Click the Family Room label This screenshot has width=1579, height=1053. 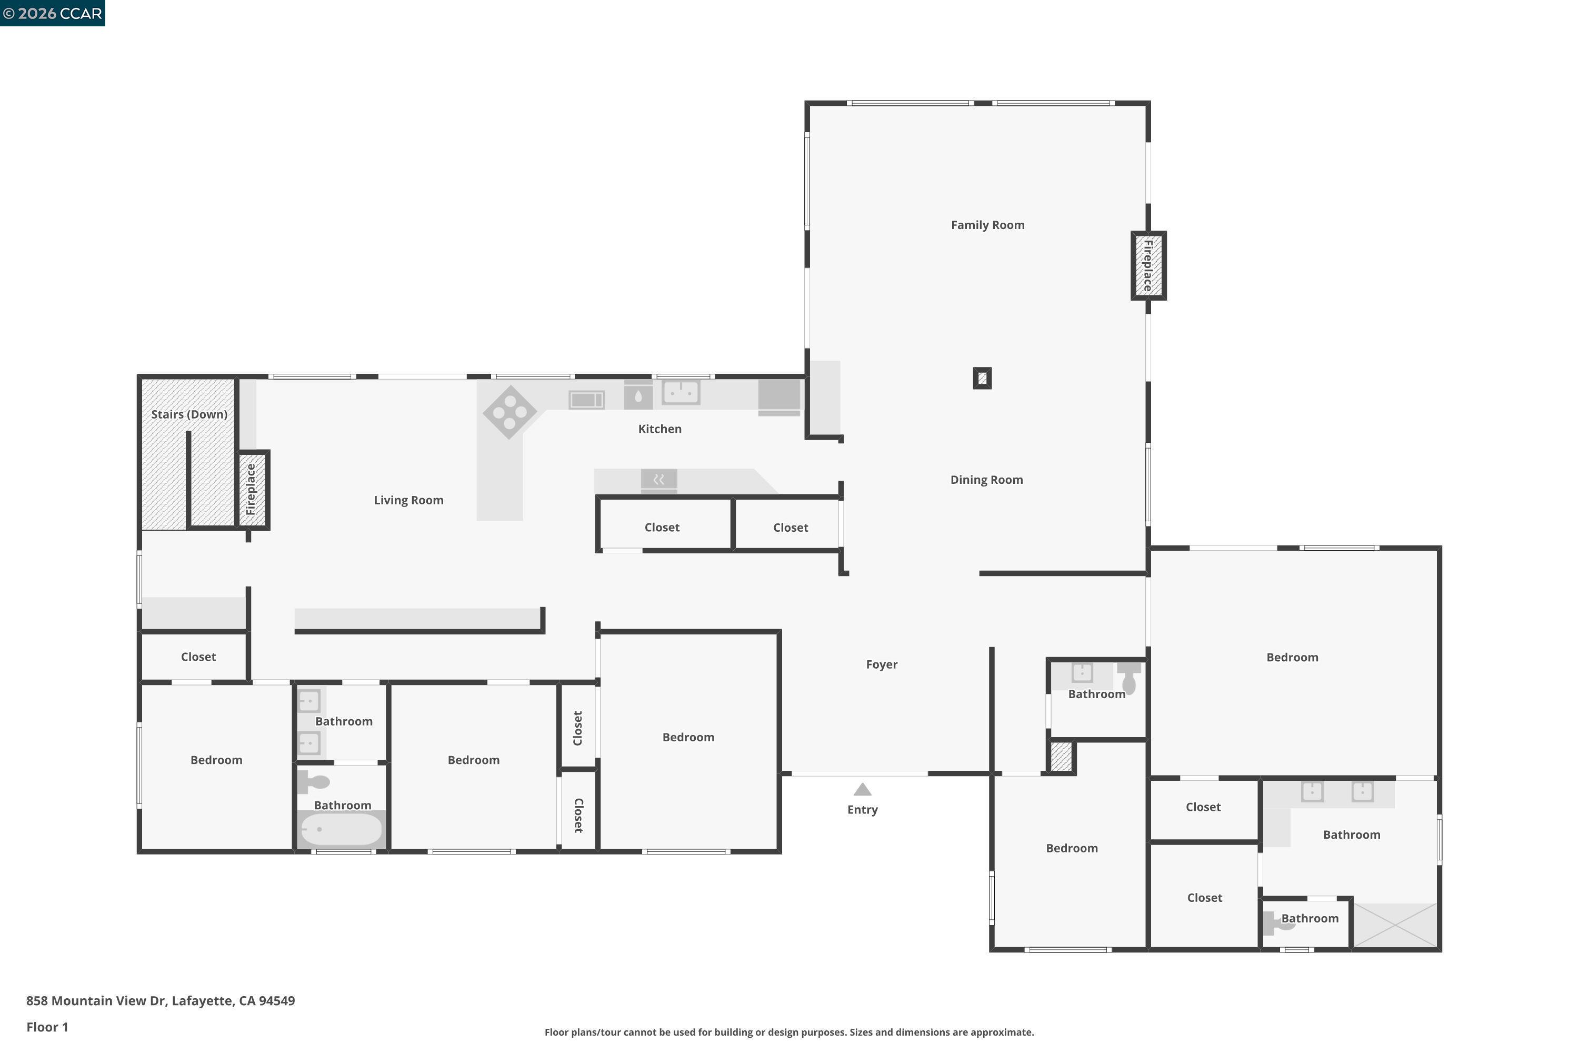click(x=987, y=225)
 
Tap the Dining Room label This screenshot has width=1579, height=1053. click(x=986, y=480)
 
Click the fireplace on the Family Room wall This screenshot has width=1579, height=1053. click(x=1148, y=265)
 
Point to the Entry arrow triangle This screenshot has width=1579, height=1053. click(x=862, y=790)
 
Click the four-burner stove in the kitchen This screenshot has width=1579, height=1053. click(x=509, y=412)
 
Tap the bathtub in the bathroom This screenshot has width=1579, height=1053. click(x=341, y=829)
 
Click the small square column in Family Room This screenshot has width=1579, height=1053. click(x=982, y=378)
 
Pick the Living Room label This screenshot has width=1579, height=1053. click(x=408, y=500)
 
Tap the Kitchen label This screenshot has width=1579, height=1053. click(x=659, y=429)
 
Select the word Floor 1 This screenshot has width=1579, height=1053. click(x=47, y=1027)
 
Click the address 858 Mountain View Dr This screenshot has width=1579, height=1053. click(x=160, y=1001)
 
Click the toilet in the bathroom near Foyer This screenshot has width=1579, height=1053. click(x=1129, y=678)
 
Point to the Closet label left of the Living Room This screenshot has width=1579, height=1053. click(x=198, y=657)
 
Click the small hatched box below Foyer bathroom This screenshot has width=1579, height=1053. click(x=1060, y=757)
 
